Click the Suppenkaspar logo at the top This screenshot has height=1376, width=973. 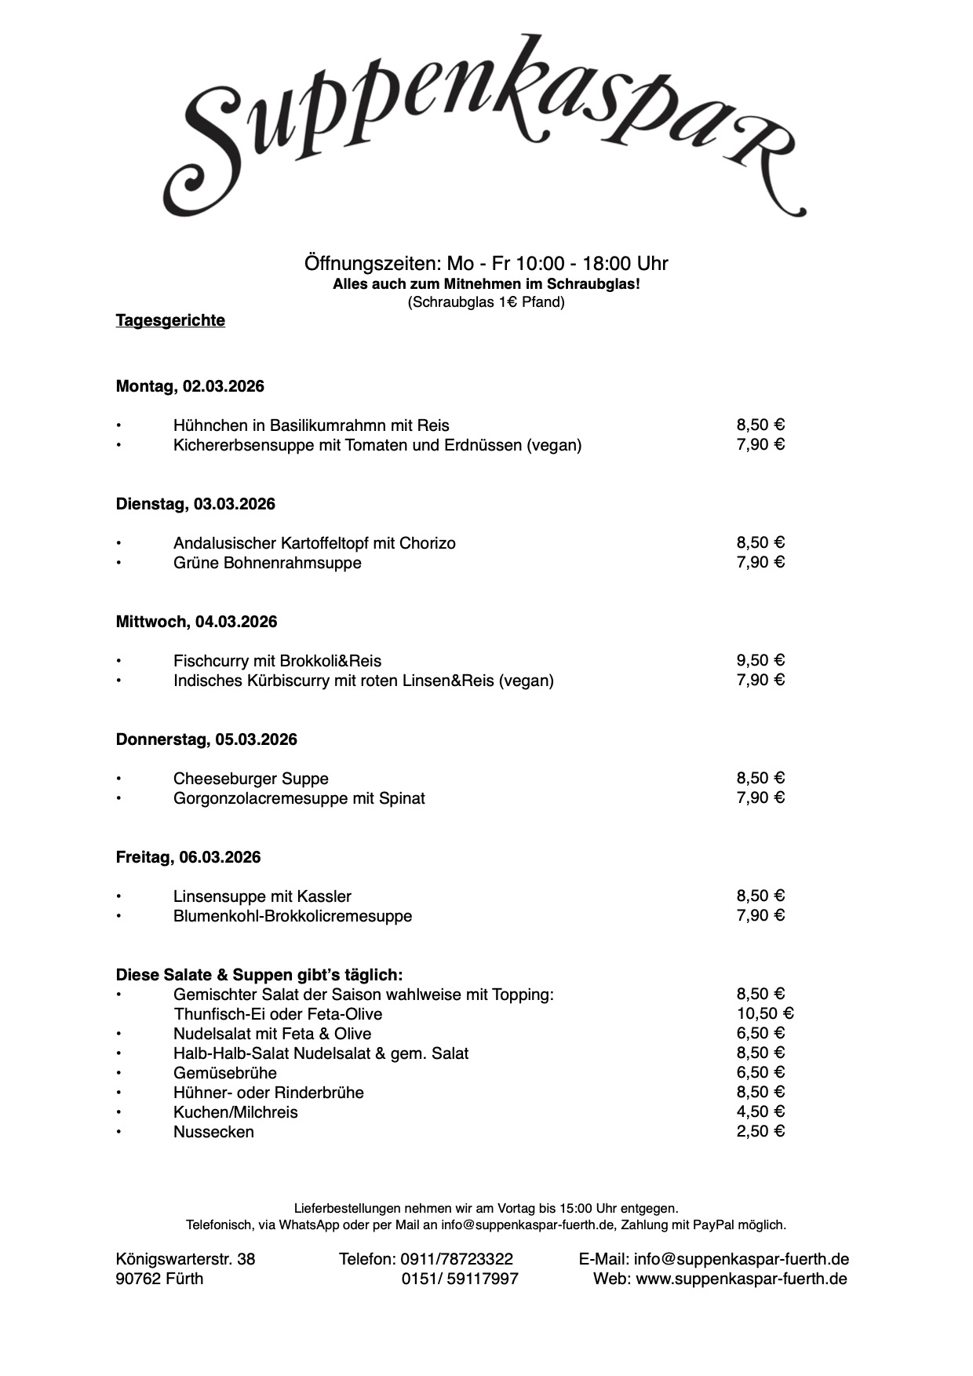(x=484, y=126)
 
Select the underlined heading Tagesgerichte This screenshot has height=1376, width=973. (x=170, y=320)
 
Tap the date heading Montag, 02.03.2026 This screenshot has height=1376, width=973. (x=190, y=386)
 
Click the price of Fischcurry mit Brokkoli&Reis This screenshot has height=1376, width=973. (x=760, y=660)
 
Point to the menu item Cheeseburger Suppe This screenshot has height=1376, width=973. (x=251, y=779)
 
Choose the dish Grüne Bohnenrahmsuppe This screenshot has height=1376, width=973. (x=268, y=563)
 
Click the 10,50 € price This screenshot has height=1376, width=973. (x=764, y=1013)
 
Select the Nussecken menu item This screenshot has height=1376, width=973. (x=213, y=1132)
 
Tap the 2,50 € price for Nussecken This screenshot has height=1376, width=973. (x=760, y=1131)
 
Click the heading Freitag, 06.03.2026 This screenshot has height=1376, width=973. (x=188, y=857)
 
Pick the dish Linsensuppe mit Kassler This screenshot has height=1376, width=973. (x=262, y=896)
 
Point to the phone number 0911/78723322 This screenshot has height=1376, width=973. (x=457, y=1259)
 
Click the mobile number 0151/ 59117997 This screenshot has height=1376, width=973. (x=460, y=1279)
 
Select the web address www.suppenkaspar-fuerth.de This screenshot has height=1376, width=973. (x=742, y=1279)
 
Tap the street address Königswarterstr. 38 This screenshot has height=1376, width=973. (x=185, y=1259)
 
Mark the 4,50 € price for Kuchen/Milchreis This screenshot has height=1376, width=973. (x=760, y=1111)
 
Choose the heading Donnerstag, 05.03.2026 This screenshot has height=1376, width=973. (x=206, y=739)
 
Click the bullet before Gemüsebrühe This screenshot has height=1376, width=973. (x=119, y=1073)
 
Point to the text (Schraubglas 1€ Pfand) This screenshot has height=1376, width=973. (x=486, y=302)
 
